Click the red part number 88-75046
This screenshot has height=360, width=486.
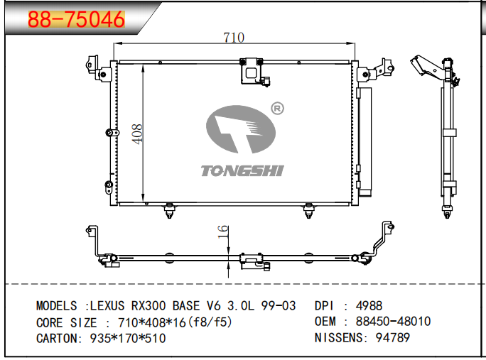point(76,19)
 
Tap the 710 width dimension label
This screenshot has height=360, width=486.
point(234,38)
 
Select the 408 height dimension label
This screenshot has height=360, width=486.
point(137,133)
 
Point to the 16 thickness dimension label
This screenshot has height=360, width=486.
point(223,231)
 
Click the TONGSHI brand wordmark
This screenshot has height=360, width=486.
point(242,170)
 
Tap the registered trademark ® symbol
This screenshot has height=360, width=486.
point(277,109)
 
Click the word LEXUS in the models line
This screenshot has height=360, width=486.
point(107,306)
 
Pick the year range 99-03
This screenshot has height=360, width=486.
point(279,306)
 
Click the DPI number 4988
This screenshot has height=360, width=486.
point(369,306)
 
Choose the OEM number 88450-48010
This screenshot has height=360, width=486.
point(394,321)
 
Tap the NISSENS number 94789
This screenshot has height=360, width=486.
point(393,338)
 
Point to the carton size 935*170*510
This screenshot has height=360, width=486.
point(128,338)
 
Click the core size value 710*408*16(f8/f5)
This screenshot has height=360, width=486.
point(175,322)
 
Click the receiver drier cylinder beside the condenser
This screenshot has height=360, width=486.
point(364,141)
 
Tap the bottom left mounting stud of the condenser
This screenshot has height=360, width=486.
point(169,211)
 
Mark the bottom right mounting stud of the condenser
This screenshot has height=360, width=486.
point(308,211)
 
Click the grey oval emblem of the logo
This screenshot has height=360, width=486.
point(241,129)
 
